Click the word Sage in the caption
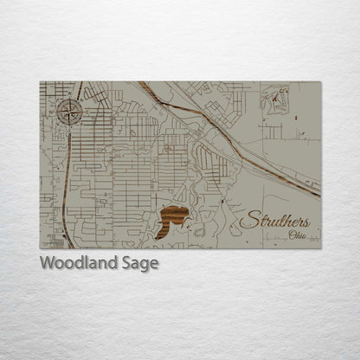tap(140, 264)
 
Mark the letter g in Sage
tap(143, 266)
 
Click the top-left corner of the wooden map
tap(40, 81)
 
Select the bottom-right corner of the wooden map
tap(321, 249)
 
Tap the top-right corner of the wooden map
tap(321, 81)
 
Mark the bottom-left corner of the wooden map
tap(40, 249)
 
